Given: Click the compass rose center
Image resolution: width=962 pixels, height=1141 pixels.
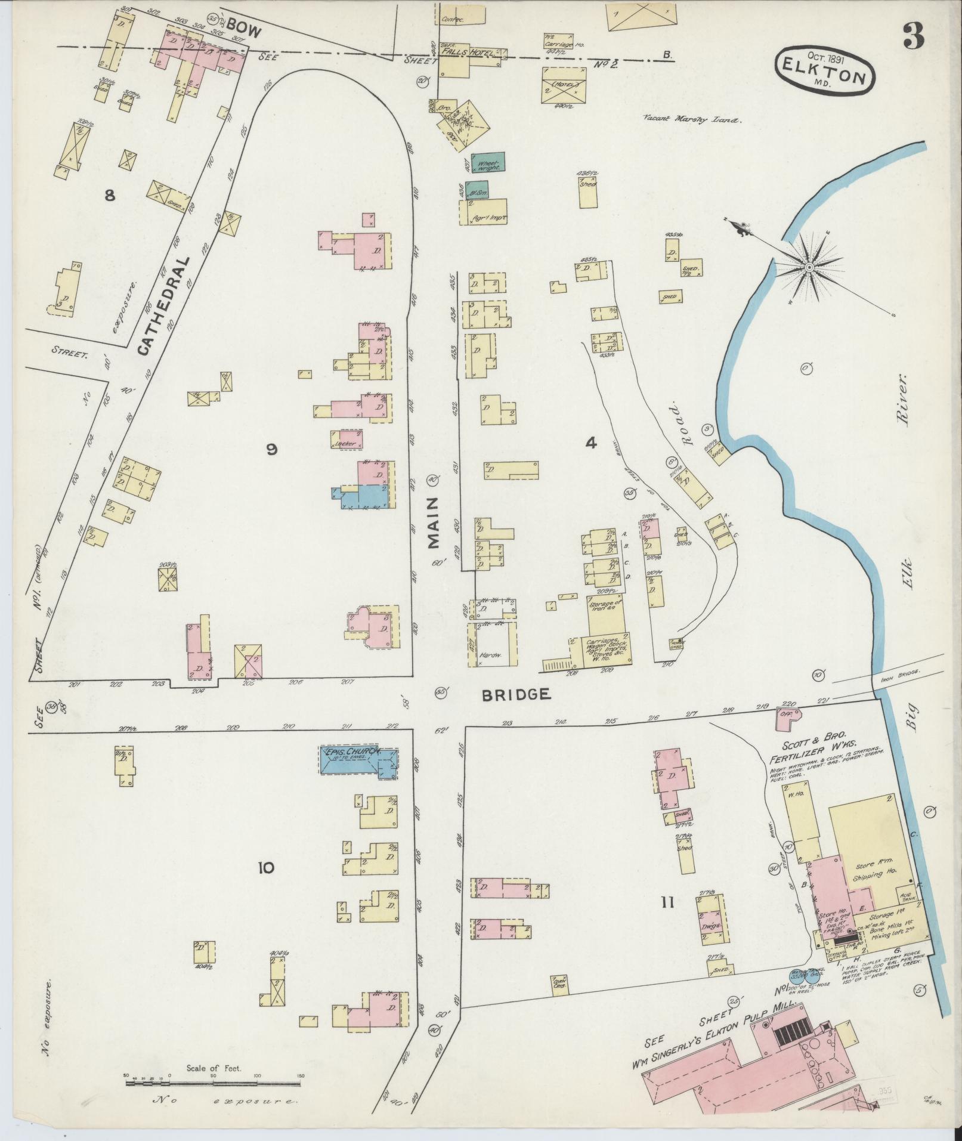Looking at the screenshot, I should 809,267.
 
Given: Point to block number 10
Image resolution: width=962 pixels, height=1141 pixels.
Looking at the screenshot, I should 266,867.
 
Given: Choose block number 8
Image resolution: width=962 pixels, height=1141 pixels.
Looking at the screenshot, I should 110,195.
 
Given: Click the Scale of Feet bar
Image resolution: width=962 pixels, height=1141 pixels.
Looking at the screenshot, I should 213,1082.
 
